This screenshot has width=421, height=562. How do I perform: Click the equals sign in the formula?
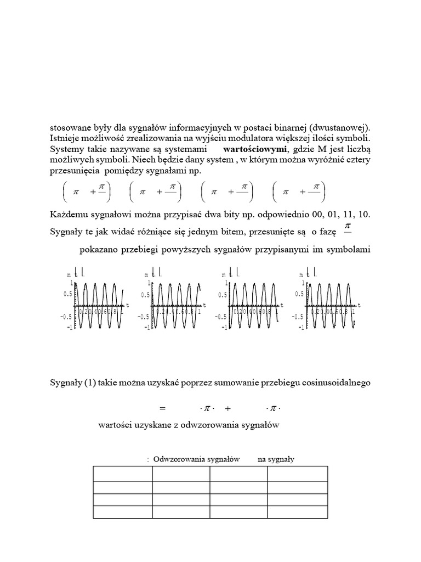tap(162, 408)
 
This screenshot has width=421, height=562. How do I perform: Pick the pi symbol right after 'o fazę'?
tap(346, 226)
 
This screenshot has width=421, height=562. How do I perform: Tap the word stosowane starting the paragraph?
tap(70, 127)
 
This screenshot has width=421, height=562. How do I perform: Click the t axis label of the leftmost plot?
tap(127, 304)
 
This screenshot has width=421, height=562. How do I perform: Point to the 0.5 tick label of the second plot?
tap(145, 295)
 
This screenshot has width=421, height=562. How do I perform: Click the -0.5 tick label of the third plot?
tap(220, 317)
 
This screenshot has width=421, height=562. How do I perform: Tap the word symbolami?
tap(351, 250)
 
